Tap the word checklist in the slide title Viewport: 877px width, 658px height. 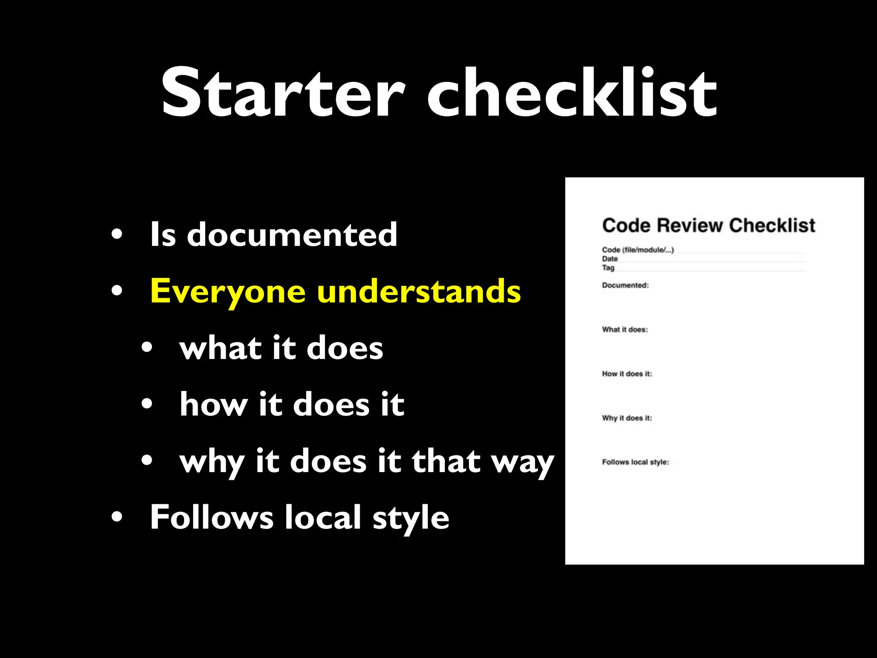(x=572, y=92)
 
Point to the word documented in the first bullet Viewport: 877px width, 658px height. (x=292, y=235)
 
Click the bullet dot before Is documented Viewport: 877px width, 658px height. (x=116, y=235)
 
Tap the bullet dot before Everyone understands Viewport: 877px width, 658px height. (x=116, y=291)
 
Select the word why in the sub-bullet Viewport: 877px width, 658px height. (x=212, y=462)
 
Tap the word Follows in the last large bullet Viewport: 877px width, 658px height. (x=212, y=517)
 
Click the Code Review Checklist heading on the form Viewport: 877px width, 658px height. (x=709, y=226)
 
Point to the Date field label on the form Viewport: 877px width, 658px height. (x=610, y=259)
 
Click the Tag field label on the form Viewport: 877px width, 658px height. (x=608, y=268)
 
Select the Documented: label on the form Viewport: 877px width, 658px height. (x=625, y=285)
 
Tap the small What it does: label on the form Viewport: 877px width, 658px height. (x=625, y=329)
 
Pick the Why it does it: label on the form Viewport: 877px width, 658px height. (x=627, y=418)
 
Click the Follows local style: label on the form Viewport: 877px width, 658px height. (x=635, y=462)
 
